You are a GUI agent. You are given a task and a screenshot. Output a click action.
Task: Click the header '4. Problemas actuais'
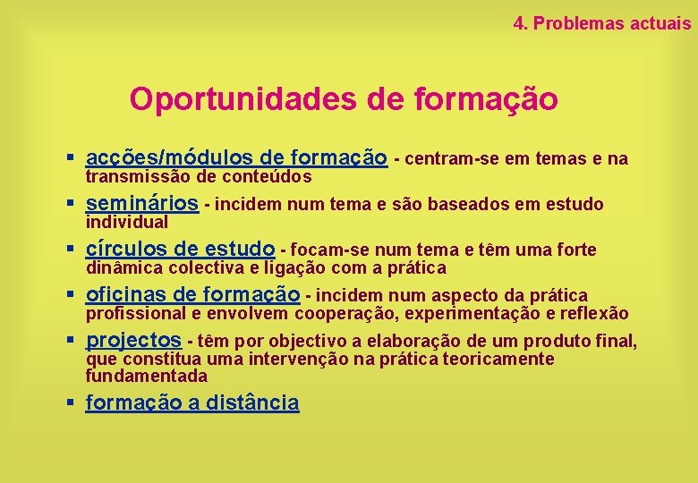click(602, 24)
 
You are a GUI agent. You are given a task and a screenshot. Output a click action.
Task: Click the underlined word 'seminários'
click(141, 204)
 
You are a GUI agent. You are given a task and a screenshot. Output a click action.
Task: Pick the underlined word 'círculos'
click(128, 249)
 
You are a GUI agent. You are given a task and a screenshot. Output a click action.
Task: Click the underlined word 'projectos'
click(133, 340)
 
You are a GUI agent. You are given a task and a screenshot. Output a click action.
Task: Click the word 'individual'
click(126, 222)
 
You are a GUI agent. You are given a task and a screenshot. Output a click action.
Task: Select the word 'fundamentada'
click(146, 376)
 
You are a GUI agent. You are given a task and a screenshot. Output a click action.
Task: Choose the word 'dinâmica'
click(123, 267)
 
